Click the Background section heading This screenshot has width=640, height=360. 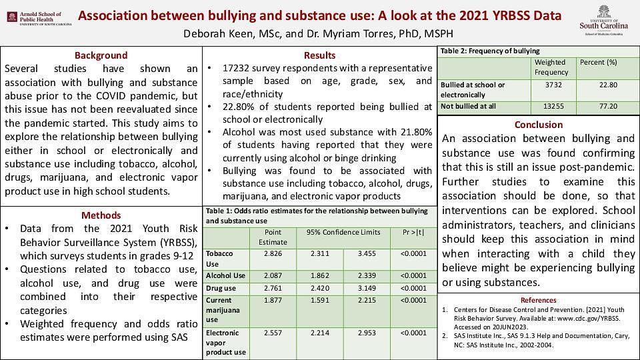point(101,55)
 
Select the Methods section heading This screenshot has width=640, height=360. point(101,215)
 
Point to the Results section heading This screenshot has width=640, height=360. point(319,55)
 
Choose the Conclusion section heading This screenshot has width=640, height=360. point(538,125)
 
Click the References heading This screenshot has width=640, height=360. point(538,300)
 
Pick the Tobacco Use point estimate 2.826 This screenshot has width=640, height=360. point(273,254)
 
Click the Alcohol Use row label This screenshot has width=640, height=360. point(226,275)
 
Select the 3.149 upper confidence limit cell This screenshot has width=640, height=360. point(367,288)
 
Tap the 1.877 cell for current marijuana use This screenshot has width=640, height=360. point(273,300)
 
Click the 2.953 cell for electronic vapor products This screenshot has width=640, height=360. point(367,333)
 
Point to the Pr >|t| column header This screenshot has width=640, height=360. point(413,233)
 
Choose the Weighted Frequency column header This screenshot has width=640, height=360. point(551,67)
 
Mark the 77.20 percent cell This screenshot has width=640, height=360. point(607,106)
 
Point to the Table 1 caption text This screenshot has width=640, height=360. point(317,215)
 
